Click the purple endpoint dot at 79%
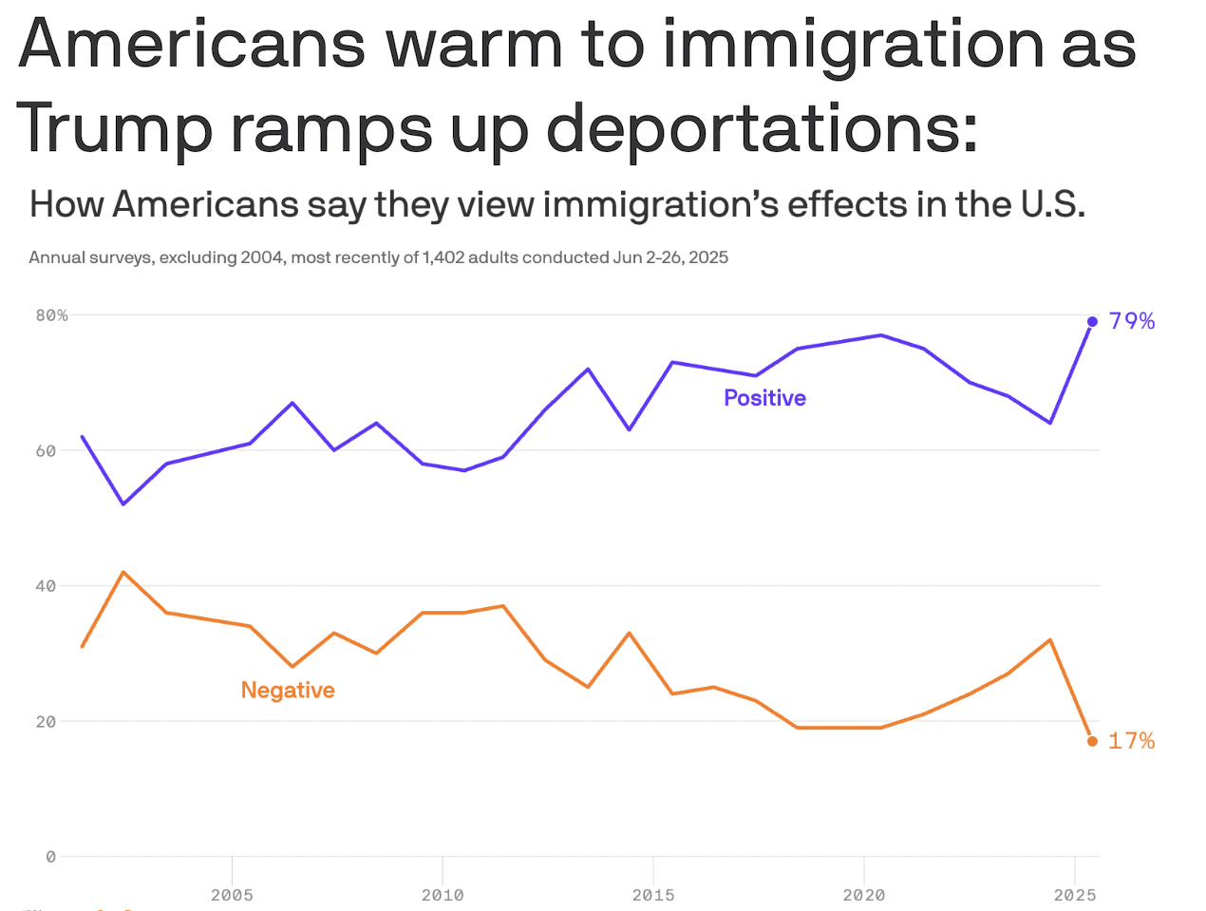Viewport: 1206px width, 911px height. (x=1092, y=322)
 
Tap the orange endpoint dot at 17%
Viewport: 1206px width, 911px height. (x=1092, y=741)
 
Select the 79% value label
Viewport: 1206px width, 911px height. (x=1132, y=321)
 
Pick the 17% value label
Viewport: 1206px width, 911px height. (x=1132, y=741)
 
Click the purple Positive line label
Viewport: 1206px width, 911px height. (x=764, y=398)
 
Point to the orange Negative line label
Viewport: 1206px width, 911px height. (x=288, y=691)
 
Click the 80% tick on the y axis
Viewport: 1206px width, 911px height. (x=52, y=315)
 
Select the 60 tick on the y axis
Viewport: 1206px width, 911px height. (x=47, y=451)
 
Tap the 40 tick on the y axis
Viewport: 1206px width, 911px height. (x=47, y=586)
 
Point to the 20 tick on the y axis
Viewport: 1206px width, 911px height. (x=47, y=722)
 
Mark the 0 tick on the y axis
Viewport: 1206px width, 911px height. (x=51, y=857)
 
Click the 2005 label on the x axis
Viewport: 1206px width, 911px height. (x=232, y=895)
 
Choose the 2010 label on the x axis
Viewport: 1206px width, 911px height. (x=443, y=895)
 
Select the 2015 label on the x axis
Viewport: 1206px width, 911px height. (x=653, y=895)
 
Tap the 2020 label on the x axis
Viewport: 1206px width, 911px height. (x=864, y=895)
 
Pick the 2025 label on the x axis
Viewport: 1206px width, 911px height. (x=1075, y=895)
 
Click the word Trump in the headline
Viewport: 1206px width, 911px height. (x=114, y=128)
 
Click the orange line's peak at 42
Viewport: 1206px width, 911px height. (x=124, y=572)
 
